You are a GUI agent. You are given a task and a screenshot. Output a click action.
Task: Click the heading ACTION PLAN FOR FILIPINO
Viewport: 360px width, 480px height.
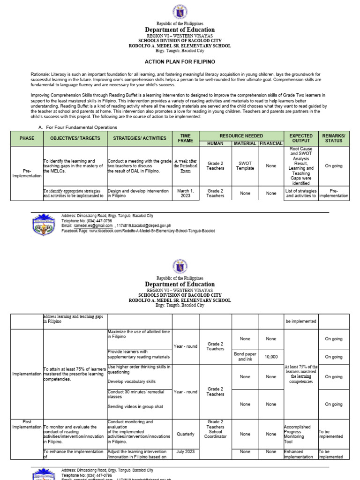180,62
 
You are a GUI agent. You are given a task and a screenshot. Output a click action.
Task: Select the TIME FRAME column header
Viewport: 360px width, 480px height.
186,138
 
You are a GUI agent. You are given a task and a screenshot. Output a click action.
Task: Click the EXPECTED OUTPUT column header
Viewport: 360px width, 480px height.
301,138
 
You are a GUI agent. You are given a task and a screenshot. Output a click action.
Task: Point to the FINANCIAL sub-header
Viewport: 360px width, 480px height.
271,143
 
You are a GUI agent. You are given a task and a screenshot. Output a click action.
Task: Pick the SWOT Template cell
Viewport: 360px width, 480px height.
245,165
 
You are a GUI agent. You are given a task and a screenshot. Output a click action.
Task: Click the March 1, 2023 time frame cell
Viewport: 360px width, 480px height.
186,193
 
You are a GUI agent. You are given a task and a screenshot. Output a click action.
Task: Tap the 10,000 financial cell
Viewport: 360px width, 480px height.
271,357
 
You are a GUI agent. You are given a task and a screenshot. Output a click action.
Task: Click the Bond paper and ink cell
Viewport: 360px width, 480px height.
245,357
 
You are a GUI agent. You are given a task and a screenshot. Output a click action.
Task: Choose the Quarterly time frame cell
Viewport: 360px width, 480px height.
186,434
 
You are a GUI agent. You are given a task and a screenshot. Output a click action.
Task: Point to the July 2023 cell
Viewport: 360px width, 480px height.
186,451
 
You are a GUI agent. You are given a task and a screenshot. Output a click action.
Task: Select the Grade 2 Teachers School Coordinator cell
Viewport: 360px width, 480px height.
215,429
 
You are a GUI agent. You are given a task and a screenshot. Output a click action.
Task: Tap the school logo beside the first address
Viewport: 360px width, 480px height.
45,224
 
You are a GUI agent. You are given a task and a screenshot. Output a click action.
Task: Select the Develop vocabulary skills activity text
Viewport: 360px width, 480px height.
132,382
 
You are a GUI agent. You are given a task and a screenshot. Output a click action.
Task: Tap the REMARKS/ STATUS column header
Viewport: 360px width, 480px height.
334,138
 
